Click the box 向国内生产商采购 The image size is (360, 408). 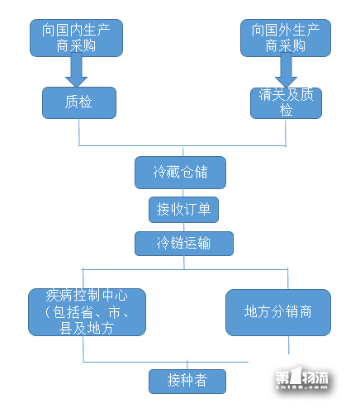pos(76,38)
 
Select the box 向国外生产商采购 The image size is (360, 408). pos(286,38)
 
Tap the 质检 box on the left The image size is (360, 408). pos(79,102)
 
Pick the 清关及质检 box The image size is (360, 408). pos(286,103)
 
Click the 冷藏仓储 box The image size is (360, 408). pos(180,173)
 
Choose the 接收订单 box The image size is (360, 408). pos(183,210)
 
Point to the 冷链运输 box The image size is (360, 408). pos(184,244)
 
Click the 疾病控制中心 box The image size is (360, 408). pos(87,312)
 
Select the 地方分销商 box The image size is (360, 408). pos(278,312)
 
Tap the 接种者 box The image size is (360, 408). pos(187,382)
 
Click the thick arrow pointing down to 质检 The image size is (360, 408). pos(76,69)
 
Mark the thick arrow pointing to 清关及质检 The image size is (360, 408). pos(286,70)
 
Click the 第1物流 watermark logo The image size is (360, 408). pos(302,377)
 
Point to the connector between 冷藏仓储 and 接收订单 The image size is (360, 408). pos(183,192)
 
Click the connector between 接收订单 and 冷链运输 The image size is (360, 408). pos(184,227)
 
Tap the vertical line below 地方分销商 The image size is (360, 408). pos(288,345)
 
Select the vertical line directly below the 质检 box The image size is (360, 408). pos(79,132)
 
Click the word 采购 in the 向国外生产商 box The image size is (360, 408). pos(292,46)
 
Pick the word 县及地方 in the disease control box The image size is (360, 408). pos(87,328)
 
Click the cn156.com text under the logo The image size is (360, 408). pos(301,387)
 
